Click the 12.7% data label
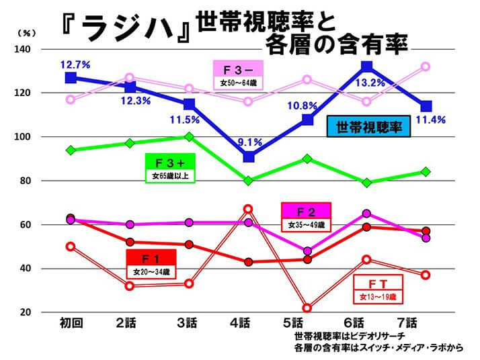click(x=75, y=65)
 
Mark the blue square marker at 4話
click(x=248, y=157)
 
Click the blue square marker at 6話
click(x=366, y=66)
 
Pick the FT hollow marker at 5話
click(x=307, y=308)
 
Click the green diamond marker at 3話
click(x=189, y=136)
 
